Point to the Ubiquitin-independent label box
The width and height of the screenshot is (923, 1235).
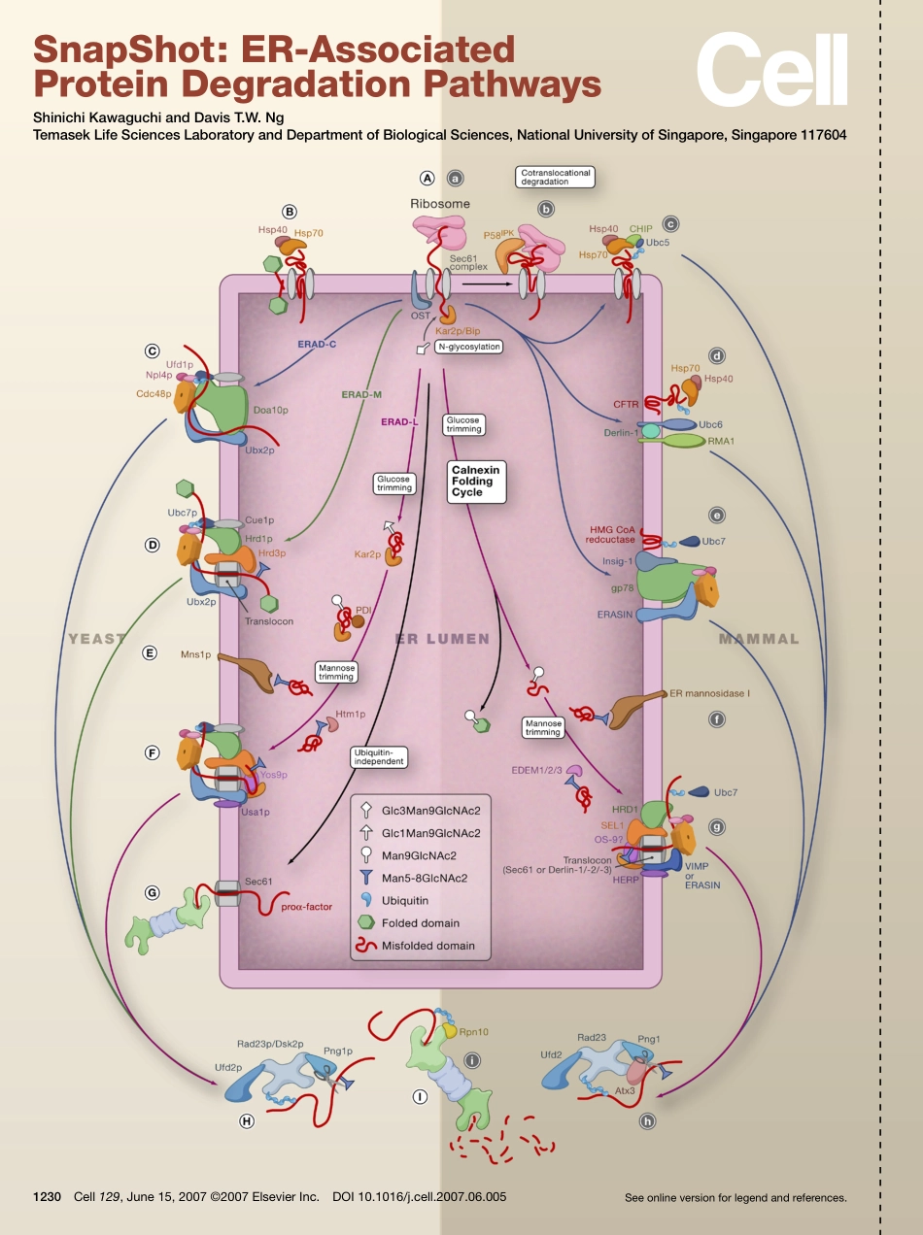pos(379,757)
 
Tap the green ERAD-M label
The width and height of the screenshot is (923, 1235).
pos(362,395)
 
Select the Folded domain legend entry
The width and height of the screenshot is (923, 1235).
pos(420,923)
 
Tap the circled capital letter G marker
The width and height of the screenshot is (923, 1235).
pos(152,891)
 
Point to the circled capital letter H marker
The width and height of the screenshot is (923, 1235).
pos(247,1120)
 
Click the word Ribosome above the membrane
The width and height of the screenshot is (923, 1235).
pos(439,204)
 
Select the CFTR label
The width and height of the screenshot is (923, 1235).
pos(625,403)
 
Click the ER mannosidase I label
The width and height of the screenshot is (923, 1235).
pos(710,693)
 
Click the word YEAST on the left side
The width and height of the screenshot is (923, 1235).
pos(97,639)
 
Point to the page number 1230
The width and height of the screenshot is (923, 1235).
pos(49,1197)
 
